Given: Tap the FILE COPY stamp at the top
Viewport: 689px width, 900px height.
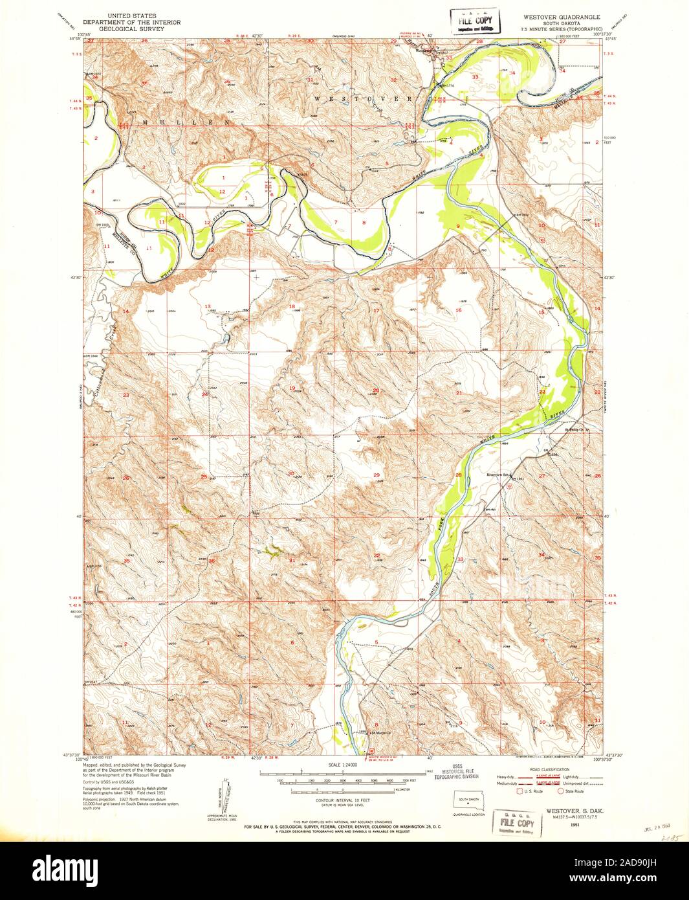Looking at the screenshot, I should [476, 21].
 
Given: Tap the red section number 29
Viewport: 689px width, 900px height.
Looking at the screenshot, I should [377, 475].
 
